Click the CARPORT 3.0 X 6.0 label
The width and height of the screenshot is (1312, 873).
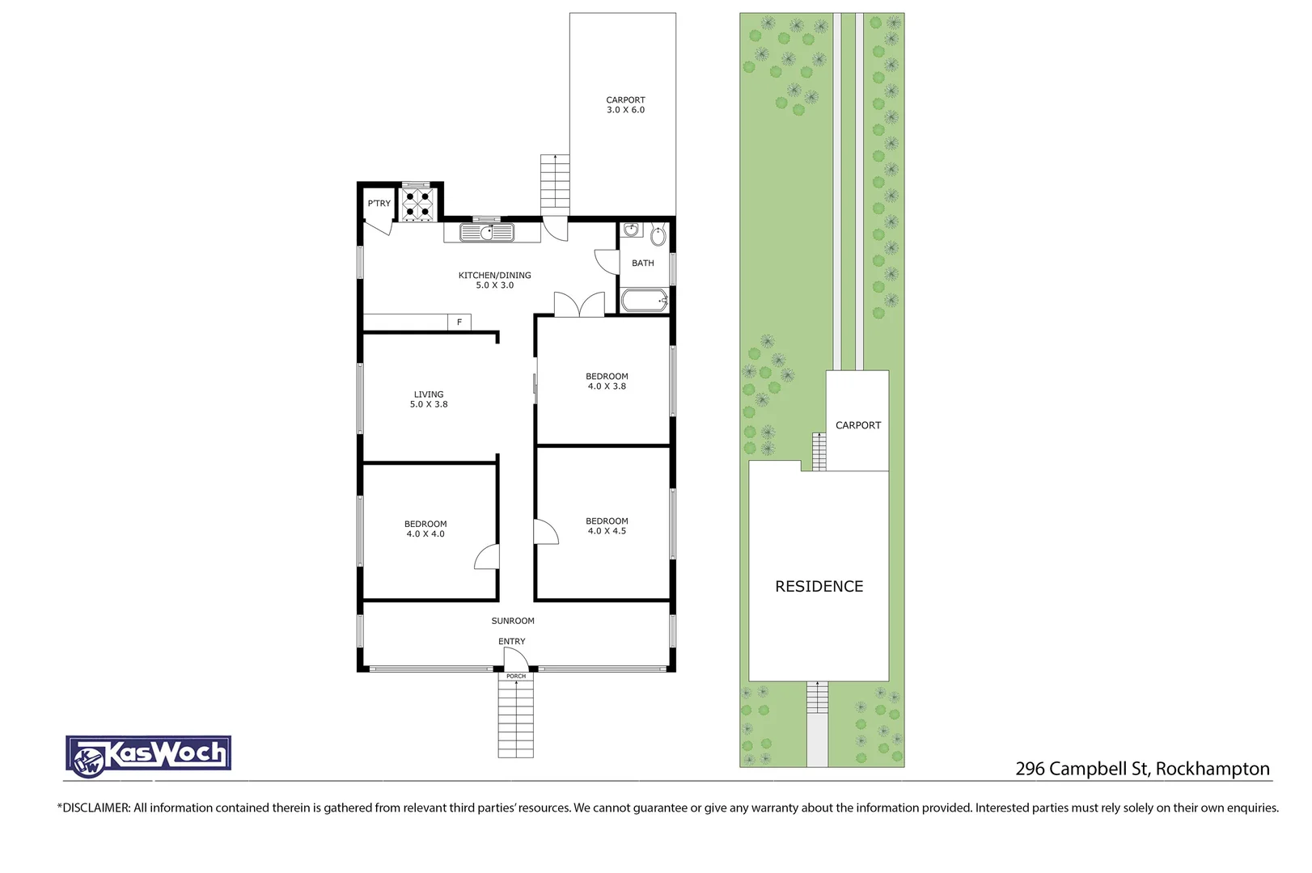click(x=625, y=105)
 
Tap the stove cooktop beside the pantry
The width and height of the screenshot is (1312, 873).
click(x=418, y=205)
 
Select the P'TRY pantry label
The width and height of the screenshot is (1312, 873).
click(x=379, y=203)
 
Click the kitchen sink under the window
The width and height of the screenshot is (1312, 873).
click(x=487, y=233)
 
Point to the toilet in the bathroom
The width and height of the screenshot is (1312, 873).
click(x=658, y=236)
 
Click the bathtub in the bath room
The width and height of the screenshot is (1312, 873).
click(x=644, y=301)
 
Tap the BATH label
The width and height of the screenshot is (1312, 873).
click(x=643, y=263)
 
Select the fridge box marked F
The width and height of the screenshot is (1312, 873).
click(x=459, y=323)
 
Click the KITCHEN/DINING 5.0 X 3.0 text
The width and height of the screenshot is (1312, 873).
click(x=494, y=280)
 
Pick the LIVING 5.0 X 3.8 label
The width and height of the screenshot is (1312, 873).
click(x=429, y=399)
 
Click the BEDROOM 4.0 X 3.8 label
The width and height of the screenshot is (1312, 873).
click(x=607, y=381)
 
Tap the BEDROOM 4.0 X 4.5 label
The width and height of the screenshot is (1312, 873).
click(x=607, y=525)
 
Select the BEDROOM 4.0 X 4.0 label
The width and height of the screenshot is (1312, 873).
click(x=425, y=529)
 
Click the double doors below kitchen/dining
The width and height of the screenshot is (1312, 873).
click(x=579, y=305)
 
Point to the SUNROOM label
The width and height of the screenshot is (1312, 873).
click(x=513, y=621)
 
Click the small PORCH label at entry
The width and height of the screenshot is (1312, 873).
click(x=516, y=676)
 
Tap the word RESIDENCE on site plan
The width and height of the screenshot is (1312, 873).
click(x=819, y=586)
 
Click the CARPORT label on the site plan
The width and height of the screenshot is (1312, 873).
click(x=857, y=425)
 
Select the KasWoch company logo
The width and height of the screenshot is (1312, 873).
click(x=149, y=756)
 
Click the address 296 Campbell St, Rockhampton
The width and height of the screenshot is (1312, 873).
click(x=1142, y=769)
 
